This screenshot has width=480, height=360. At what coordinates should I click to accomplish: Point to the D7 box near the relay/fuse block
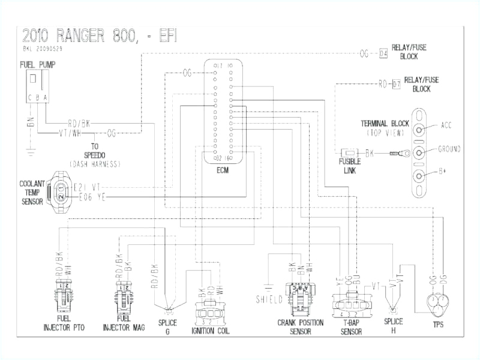pos(396,84)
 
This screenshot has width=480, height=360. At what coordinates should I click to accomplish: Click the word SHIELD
pos(269,298)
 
